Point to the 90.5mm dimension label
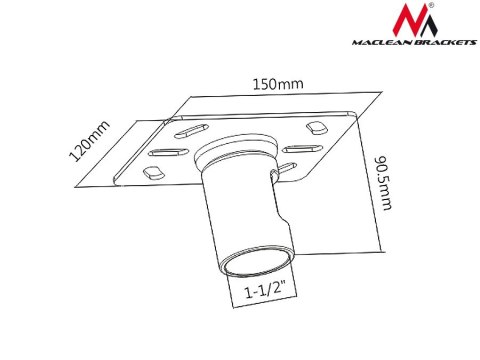pos(381,189)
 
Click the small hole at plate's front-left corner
pos(154,173)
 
